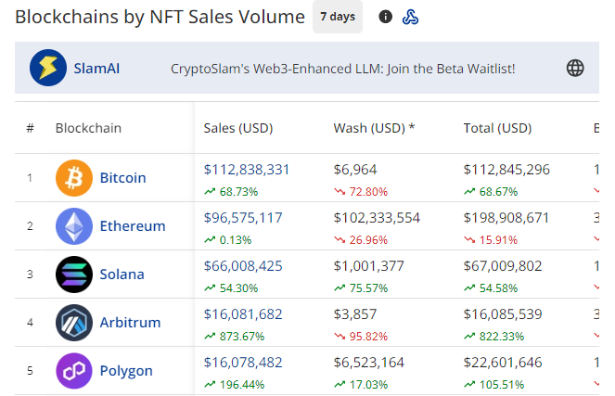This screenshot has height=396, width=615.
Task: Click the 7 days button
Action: click(337, 17)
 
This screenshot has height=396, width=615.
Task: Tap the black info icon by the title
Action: click(386, 17)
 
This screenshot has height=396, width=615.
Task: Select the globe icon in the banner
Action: click(575, 68)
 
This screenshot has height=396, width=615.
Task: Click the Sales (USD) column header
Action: click(238, 128)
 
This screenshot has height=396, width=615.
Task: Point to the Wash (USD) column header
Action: click(374, 128)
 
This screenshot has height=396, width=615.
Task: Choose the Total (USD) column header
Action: click(497, 128)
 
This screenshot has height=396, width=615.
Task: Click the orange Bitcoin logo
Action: click(74, 178)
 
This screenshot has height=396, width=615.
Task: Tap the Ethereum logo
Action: click(74, 226)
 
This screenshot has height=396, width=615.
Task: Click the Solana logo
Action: click(74, 275)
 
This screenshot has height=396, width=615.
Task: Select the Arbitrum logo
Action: click(74, 323)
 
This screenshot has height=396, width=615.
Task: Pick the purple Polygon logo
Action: click(74, 371)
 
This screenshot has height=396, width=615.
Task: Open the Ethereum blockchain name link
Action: click(133, 226)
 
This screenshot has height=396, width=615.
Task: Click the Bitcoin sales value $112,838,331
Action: click(247, 170)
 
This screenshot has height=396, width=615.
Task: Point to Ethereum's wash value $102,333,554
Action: click(377, 218)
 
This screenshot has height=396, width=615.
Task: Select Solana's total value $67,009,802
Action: click(506, 266)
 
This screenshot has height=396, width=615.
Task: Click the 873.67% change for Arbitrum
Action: click(239, 336)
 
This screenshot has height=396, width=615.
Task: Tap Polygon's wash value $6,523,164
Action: click(373, 363)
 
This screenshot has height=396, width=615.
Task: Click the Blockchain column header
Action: click(88, 128)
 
